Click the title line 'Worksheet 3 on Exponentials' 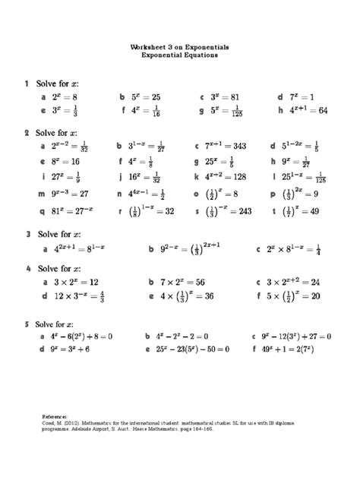(x=179, y=47)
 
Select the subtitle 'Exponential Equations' (x=179, y=55)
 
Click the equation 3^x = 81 (x=226, y=97)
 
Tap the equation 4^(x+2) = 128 (x=226, y=176)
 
